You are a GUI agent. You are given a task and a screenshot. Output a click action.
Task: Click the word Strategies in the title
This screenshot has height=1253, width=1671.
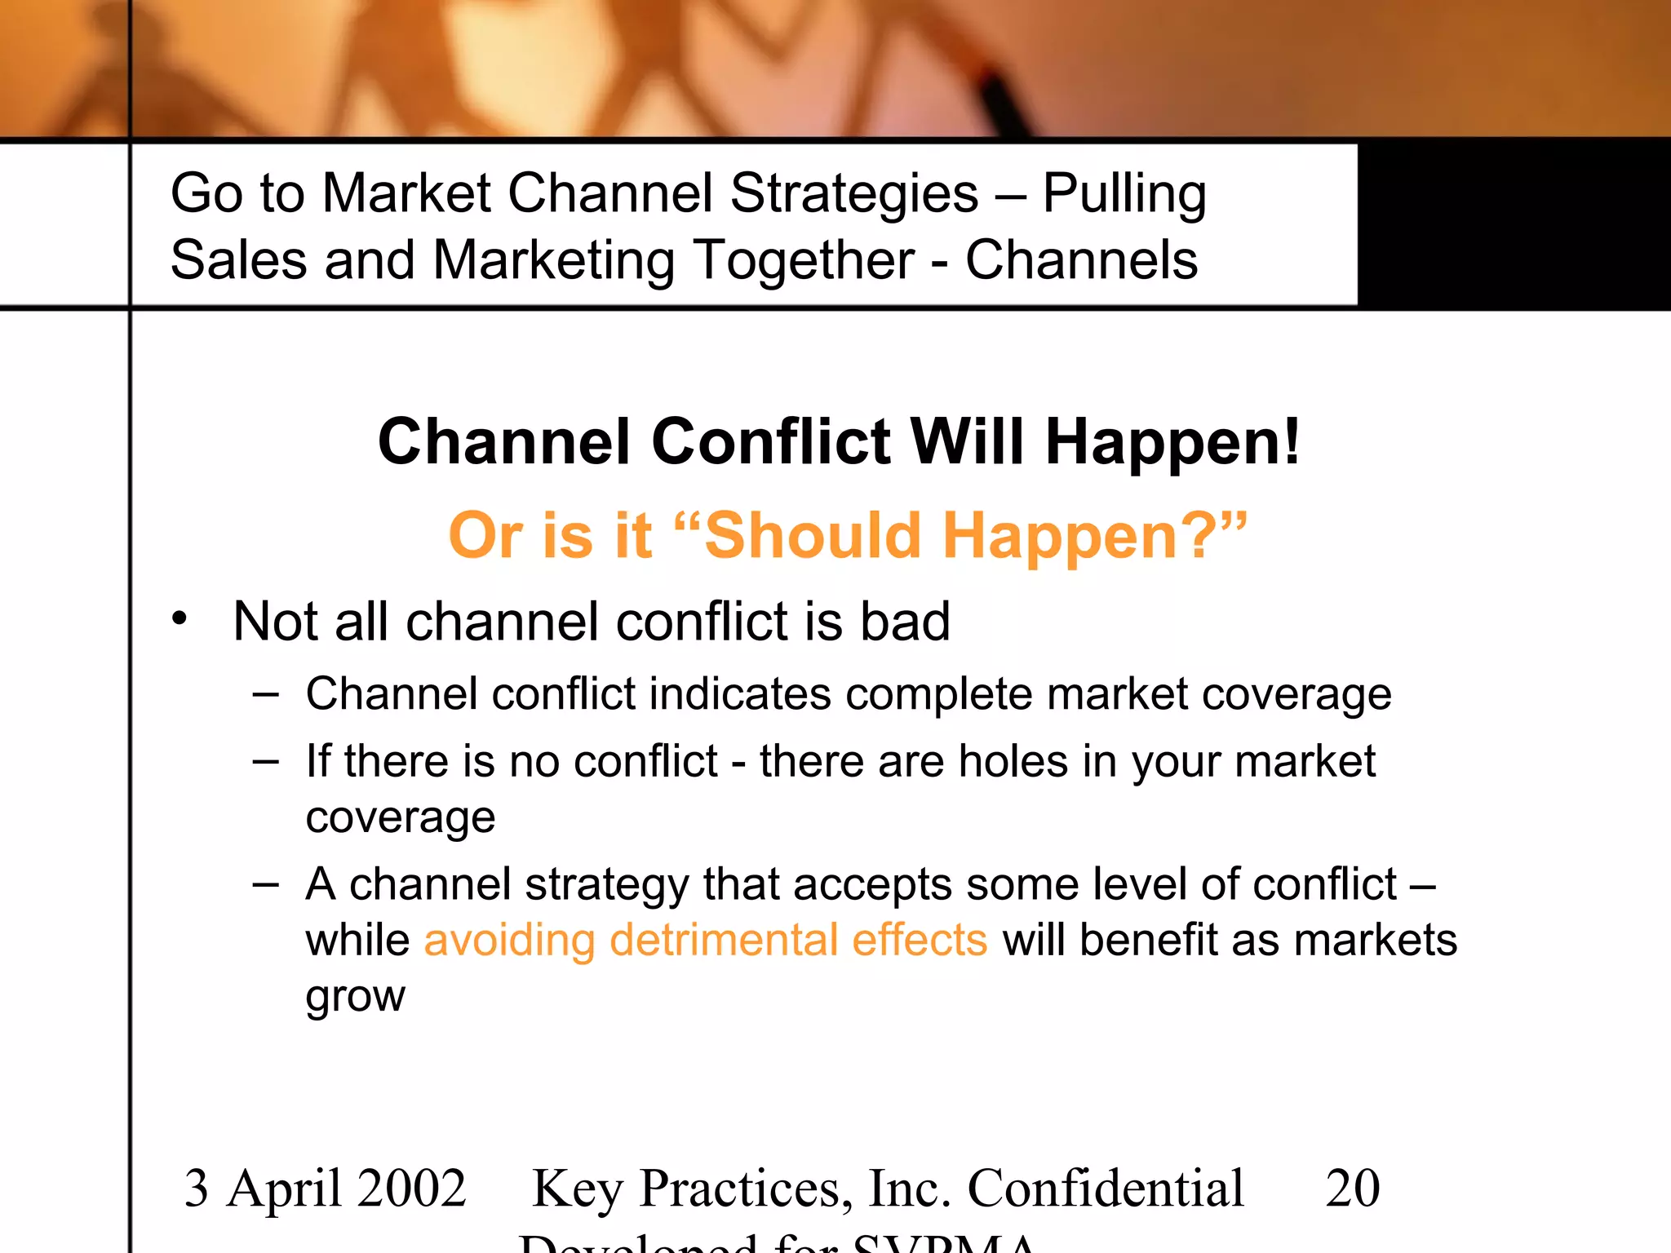coord(853,194)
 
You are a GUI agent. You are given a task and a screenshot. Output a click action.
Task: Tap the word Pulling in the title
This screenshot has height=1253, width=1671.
coord(1124,194)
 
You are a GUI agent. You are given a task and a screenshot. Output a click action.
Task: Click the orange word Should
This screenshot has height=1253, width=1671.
coord(812,536)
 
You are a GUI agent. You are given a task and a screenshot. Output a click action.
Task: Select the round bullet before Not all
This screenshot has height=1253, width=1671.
coord(180,618)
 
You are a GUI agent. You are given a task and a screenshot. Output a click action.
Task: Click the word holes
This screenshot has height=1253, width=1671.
coord(1013,761)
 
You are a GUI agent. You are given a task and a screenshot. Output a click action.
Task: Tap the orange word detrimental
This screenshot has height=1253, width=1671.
coord(724,940)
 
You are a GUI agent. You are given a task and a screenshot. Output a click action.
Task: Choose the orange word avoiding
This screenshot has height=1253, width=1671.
coord(509,940)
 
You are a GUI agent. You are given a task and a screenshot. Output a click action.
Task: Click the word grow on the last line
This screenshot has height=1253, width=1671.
coord(355,997)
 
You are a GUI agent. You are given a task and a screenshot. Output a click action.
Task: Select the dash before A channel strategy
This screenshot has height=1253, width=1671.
coord(266,884)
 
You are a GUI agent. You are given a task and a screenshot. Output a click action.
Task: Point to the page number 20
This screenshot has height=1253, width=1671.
coord(1352,1188)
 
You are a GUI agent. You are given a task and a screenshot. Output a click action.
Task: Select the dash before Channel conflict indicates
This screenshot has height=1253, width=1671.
coord(266,695)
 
